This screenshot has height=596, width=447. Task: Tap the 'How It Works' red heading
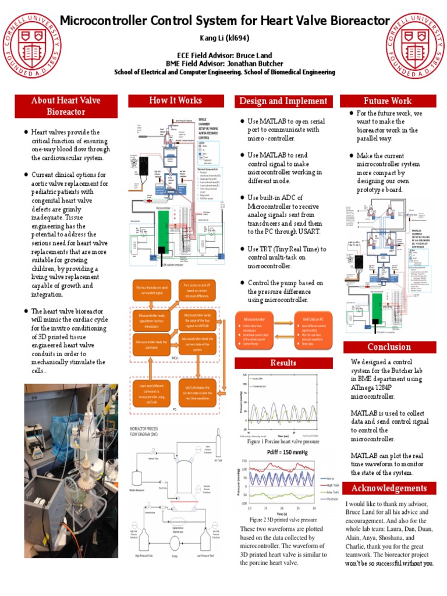pos(175,100)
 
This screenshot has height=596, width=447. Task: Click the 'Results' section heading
pos(283,363)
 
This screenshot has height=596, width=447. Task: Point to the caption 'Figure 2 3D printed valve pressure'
pos(283,519)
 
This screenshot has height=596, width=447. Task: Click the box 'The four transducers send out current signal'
pos(152,291)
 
